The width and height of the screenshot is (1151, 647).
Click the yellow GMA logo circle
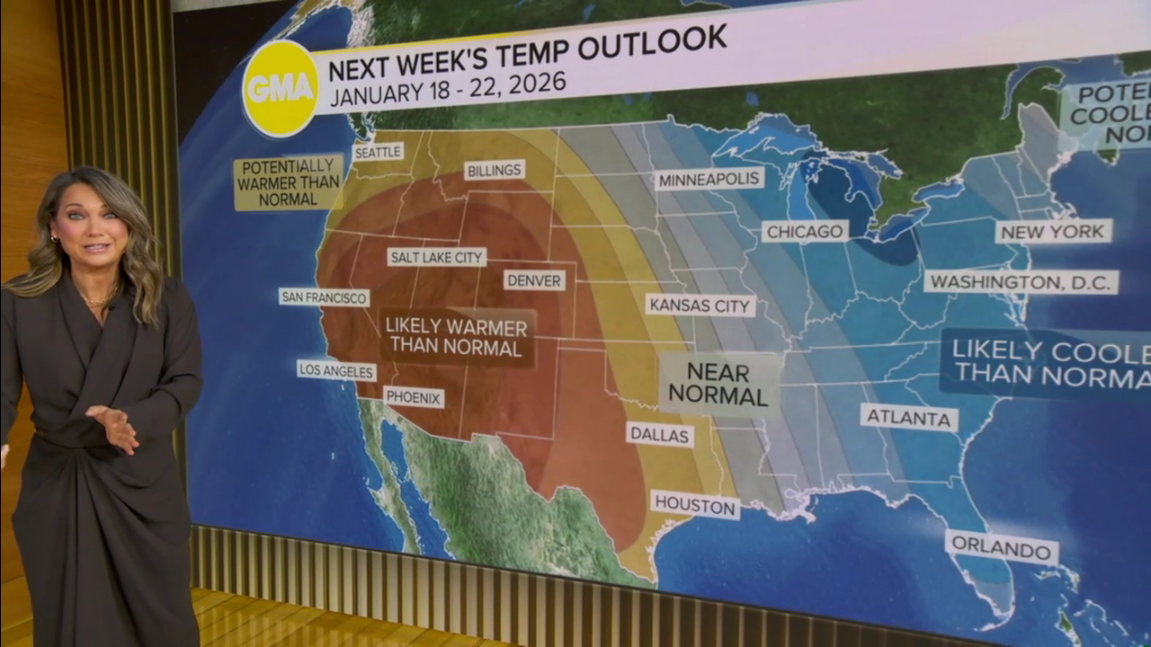point(280,88)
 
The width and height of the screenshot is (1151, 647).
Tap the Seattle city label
point(378,152)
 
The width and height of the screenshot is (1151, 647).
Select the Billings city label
point(495,170)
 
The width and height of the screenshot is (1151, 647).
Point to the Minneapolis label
point(709,179)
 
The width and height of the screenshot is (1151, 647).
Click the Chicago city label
point(806,232)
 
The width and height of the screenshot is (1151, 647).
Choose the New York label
point(1054,232)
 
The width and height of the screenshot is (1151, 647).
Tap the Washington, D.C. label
point(1022,282)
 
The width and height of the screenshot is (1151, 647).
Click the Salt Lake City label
point(437,257)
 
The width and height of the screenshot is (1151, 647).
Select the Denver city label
point(534,280)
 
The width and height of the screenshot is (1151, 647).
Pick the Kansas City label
point(700,305)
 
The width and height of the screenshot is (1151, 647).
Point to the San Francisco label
point(324,297)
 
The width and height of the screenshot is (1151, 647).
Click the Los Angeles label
point(336,369)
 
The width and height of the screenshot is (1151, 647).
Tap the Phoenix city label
point(414,396)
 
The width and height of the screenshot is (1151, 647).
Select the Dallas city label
point(660,435)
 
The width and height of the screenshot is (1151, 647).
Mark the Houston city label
point(695,504)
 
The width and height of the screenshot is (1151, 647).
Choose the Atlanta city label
point(909,417)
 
